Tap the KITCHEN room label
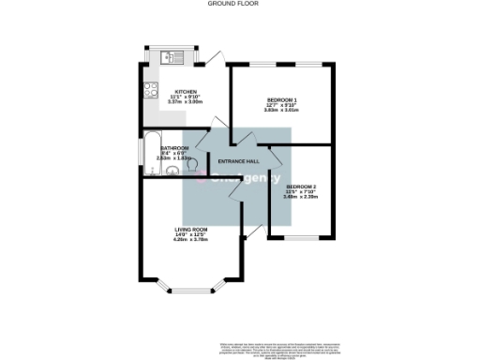coord(185,92)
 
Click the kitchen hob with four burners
coord(150,91)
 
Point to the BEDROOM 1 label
coord(281,100)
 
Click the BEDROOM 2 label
coord(301,188)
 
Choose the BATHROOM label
coord(175,148)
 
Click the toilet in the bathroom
coord(190,161)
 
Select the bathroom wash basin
coord(154,172)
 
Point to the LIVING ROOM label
coord(190,230)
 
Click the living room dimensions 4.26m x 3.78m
coord(190,241)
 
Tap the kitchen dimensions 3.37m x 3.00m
coord(185,103)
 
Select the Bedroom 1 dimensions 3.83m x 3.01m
coord(281,112)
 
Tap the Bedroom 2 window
coord(299,237)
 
